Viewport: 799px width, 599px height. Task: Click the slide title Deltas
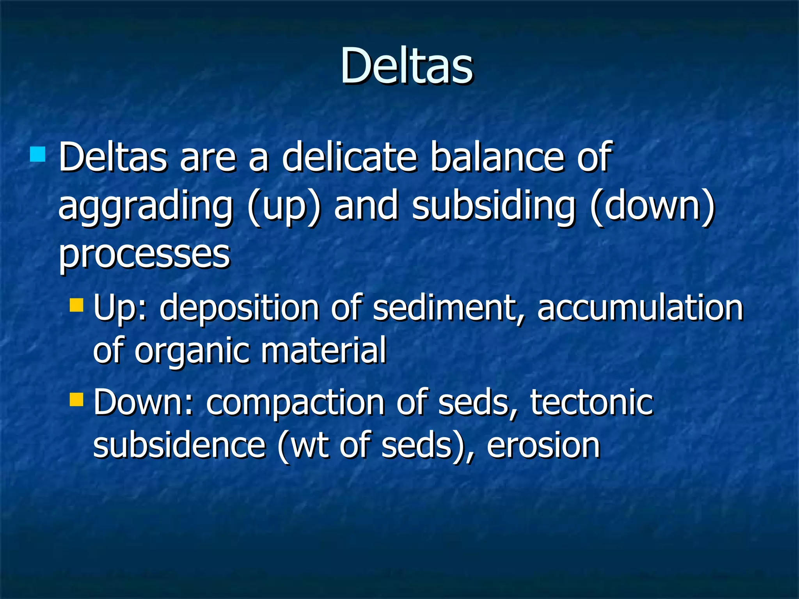pyautogui.click(x=407, y=66)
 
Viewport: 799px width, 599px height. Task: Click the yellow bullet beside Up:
pyautogui.click(x=76, y=305)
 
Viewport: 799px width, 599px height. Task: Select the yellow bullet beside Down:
pyautogui.click(x=76, y=399)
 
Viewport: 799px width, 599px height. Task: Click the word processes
pyautogui.click(x=144, y=256)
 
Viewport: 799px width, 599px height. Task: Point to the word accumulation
pyautogui.click(x=640, y=308)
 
